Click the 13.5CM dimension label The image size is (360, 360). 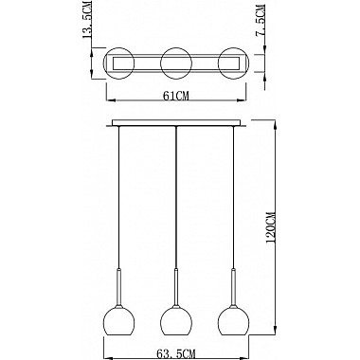[x=87, y=20]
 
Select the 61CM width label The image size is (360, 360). [x=176, y=96]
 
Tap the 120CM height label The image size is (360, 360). [x=271, y=226]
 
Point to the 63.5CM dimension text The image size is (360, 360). [x=176, y=353]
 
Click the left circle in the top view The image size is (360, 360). [x=119, y=48]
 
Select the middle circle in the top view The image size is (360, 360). [x=175, y=48]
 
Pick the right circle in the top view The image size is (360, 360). [x=233, y=48]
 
